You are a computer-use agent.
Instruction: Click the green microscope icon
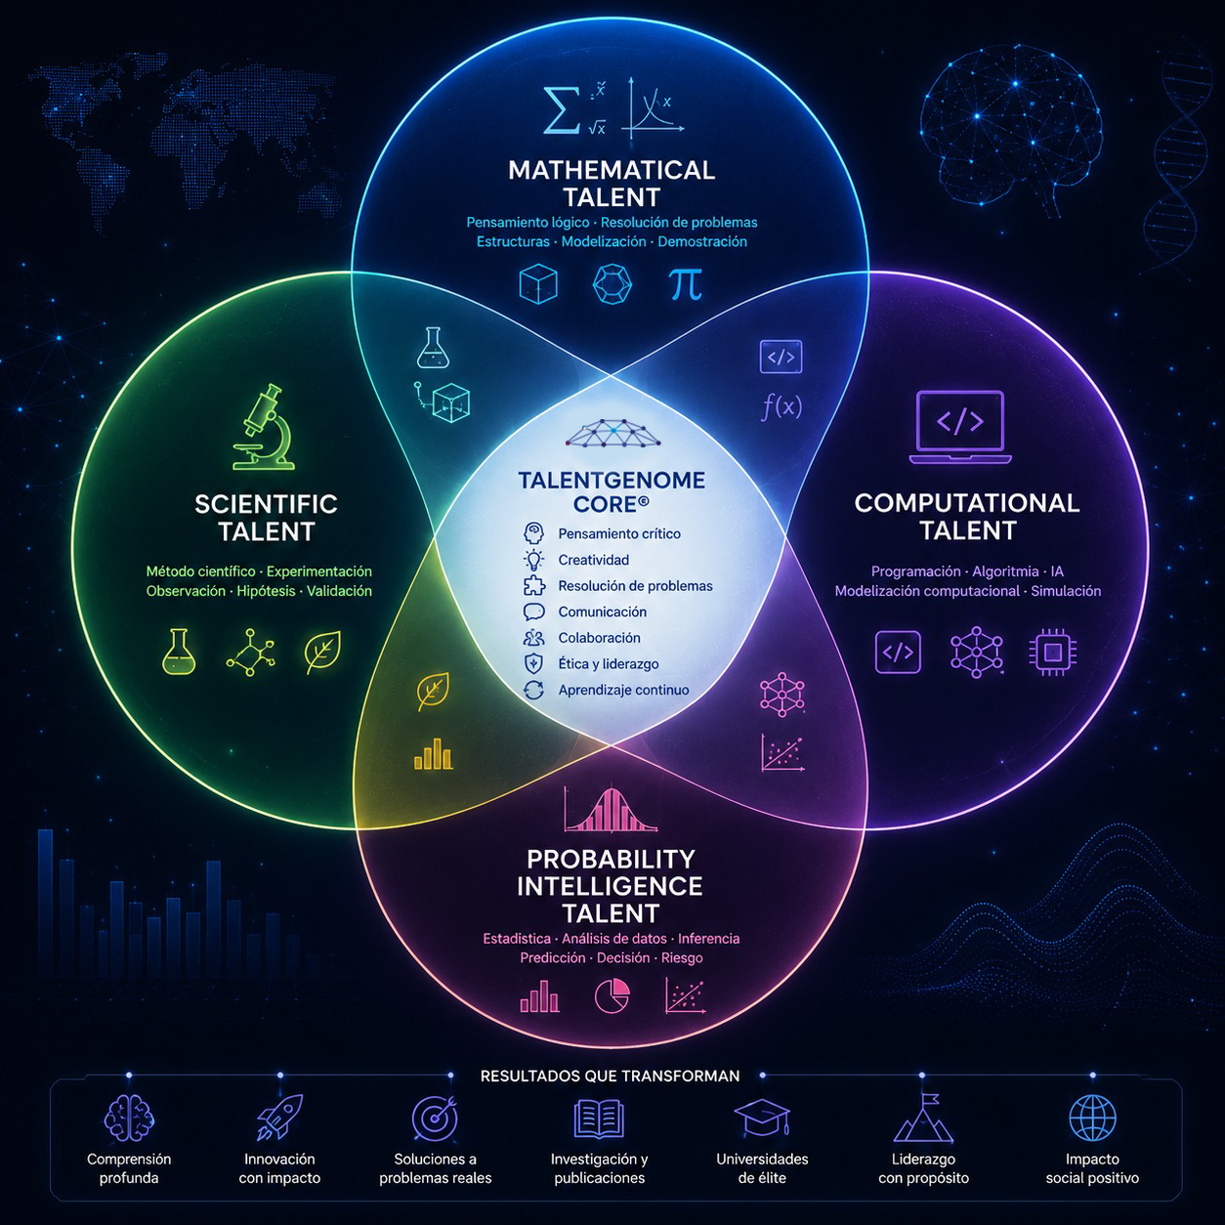[x=263, y=427]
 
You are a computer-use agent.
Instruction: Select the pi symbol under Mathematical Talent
[x=686, y=284]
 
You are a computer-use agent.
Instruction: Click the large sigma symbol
[x=562, y=110]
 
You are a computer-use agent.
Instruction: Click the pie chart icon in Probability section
[x=612, y=995]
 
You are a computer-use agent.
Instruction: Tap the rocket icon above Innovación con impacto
[x=279, y=1117]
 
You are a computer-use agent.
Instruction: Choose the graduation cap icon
[x=762, y=1118]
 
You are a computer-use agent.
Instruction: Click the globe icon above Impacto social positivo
[x=1092, y=1118]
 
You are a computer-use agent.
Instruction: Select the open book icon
[x=599, y=1119]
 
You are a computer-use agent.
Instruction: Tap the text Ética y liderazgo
[x=609, y=663]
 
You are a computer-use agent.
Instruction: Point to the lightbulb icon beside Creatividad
[x=533, y=560]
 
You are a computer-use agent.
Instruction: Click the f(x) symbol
[x=781, y=405]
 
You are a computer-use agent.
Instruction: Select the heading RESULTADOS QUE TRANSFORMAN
[x=611, y=1076]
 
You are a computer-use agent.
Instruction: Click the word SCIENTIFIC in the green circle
[x=267, y=504]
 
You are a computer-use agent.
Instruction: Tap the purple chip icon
[x=1053, y=653]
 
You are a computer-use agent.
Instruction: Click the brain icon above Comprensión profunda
[x=129, y=1118]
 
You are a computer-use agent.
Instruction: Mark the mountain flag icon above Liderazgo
[x=923, y=1119]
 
